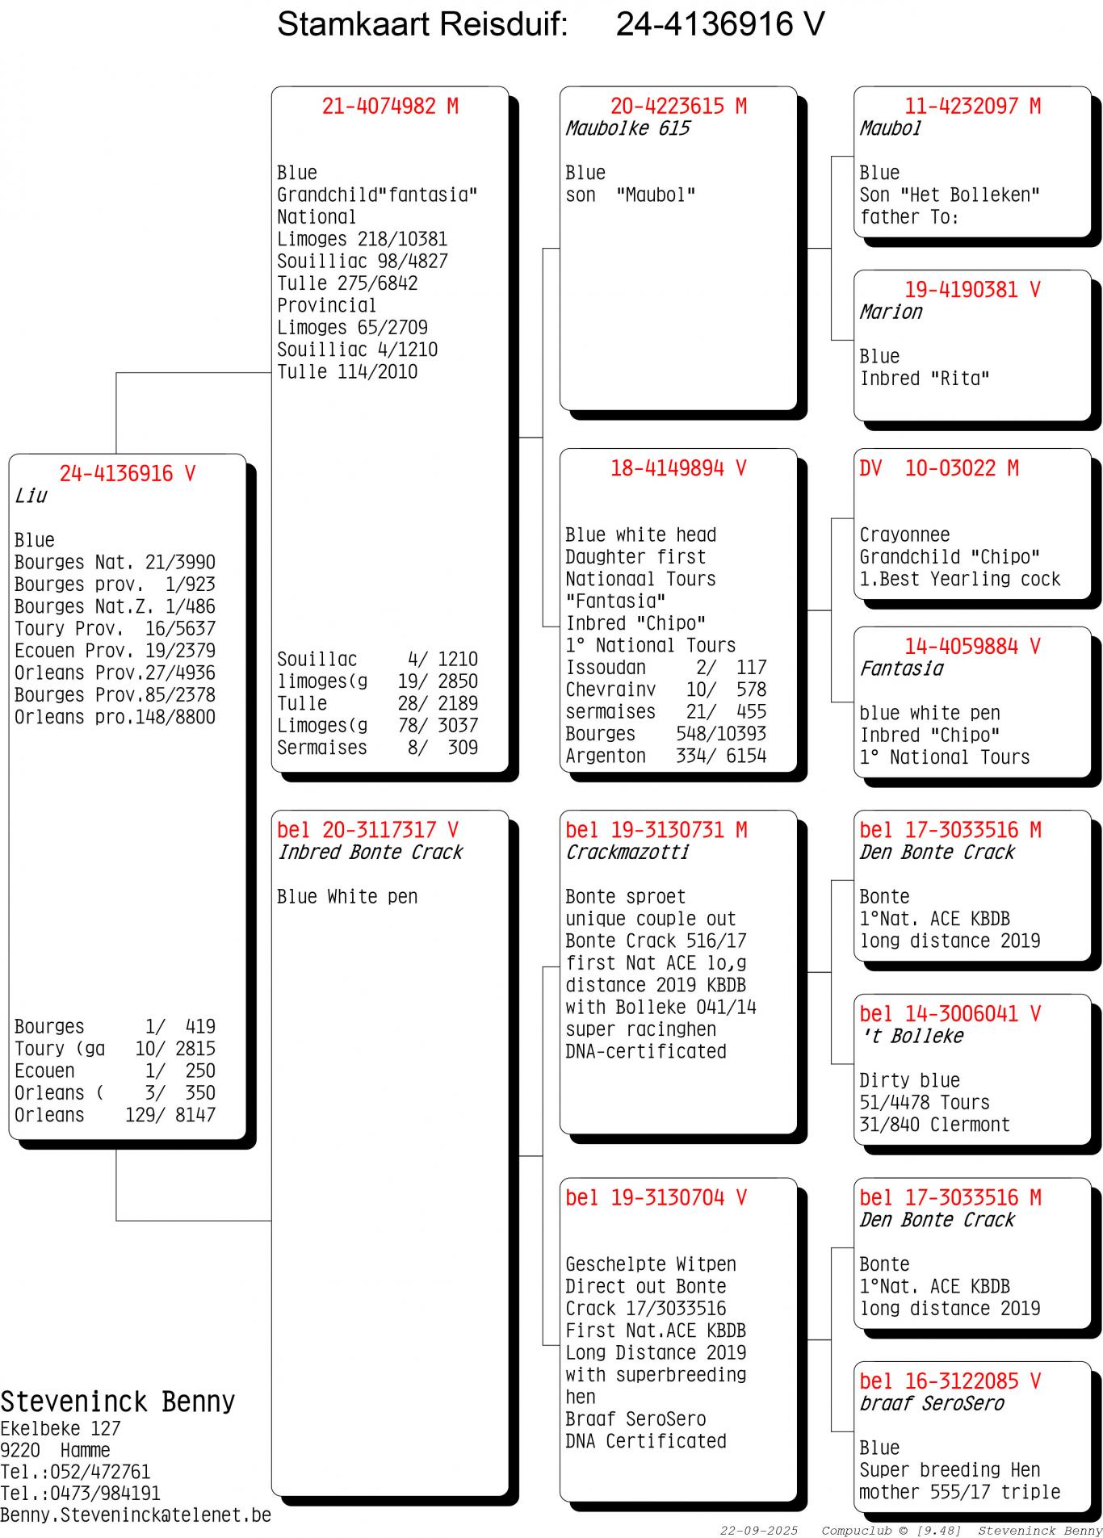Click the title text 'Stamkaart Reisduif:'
click(422, 25)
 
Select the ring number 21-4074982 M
click(390, 107)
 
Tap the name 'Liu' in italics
click(31, 496)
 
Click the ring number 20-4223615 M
click(678, 107)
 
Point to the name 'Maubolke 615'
click(627, 128)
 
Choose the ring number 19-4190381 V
click(972, 290)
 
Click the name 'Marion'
click(890, 312)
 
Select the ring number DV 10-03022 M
click(938, 468)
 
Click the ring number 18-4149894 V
click(678, 468)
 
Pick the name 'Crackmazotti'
click(627, 853)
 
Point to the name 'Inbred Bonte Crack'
click(370, 853)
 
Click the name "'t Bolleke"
click(912, 1036)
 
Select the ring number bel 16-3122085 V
click(950, 1381)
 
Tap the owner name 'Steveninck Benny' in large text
click(117, 1402)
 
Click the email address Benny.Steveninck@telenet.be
click(136, 1515)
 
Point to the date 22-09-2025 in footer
click(758, 1531)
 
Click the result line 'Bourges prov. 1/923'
click(115, 585)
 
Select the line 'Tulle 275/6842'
click(347, 283)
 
